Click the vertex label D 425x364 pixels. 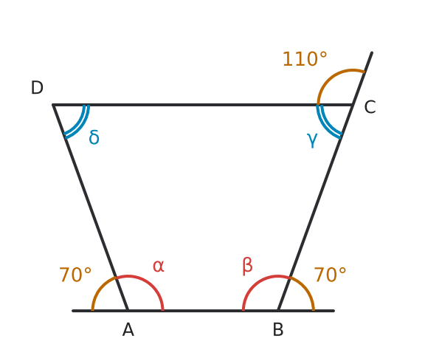coord(37,88)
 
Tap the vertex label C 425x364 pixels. coord(370,107)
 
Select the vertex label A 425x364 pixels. coord(128,330)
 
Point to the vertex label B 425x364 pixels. coord(278,330)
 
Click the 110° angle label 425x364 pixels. coord(305,59)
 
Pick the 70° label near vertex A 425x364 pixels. coord(75,275)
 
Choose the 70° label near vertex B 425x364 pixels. coord(330,275)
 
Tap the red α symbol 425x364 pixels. coord(159,266)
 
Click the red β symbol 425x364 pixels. coord(247,266)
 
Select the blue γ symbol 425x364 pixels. coord(312,140)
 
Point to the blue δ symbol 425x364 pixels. coord(94,137)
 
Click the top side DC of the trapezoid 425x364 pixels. coord(202,105)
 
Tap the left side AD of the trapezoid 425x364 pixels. coord(90,207)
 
